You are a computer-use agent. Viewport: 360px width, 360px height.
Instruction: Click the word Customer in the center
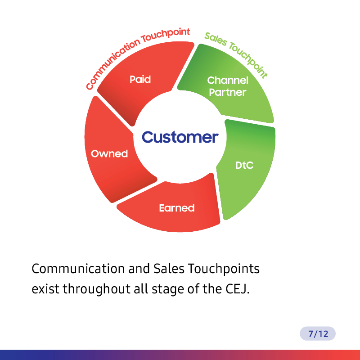coord(180,137)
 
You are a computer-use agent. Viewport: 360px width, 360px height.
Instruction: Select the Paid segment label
coord(140,80)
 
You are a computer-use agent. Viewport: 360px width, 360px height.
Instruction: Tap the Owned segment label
coord(109,153)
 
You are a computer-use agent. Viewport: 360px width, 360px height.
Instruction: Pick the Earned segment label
coord(177,208)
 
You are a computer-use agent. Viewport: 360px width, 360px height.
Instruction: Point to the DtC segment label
coord(244,165)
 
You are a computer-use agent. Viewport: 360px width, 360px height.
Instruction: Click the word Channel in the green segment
coord(228,81)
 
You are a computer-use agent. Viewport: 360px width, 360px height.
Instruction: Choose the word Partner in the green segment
coord(228,92)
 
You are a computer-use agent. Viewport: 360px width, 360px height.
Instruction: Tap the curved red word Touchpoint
coord(166,35)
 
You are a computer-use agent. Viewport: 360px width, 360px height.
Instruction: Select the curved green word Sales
coord(216,39)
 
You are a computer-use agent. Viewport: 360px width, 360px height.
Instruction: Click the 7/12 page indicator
coord(318,333)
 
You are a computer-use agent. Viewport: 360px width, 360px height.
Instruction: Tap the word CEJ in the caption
coord(238,289)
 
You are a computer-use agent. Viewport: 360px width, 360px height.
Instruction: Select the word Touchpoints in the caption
coord(224,269)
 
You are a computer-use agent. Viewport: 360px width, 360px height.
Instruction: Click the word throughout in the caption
coord(97,289)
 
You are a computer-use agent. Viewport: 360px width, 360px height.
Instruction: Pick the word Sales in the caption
coord(169,269)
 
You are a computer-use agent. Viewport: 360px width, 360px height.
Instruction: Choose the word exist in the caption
coord(45,289)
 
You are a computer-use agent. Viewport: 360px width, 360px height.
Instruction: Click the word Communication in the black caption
coord(78,269)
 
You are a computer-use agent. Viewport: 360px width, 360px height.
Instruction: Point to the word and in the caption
coord(139,269)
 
